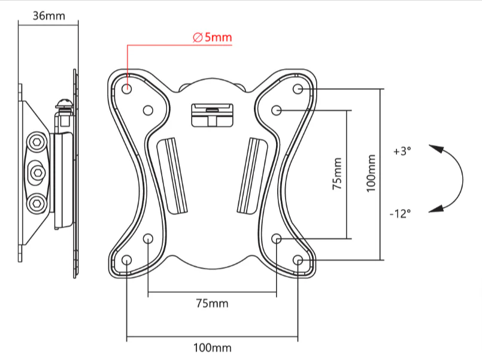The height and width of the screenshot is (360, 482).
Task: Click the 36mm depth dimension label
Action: (x=49, y=16)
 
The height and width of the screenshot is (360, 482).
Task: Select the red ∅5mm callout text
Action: (x=212, y=37)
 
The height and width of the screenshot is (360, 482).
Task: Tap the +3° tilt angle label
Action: (x=402, y=152)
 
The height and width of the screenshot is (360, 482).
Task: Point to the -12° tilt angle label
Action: (x=400, y=213)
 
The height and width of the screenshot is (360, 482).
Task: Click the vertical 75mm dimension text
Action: (x=337, y=174)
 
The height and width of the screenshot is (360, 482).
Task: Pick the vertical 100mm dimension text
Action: (x=371, y=173)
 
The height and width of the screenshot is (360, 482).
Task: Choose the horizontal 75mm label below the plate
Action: (x=212, y=304)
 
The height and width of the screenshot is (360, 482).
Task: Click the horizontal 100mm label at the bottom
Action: (x=212, y=347)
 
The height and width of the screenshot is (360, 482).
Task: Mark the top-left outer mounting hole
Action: (x=127, y=89)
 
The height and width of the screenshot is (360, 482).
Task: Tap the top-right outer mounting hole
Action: (x=298, y=89)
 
